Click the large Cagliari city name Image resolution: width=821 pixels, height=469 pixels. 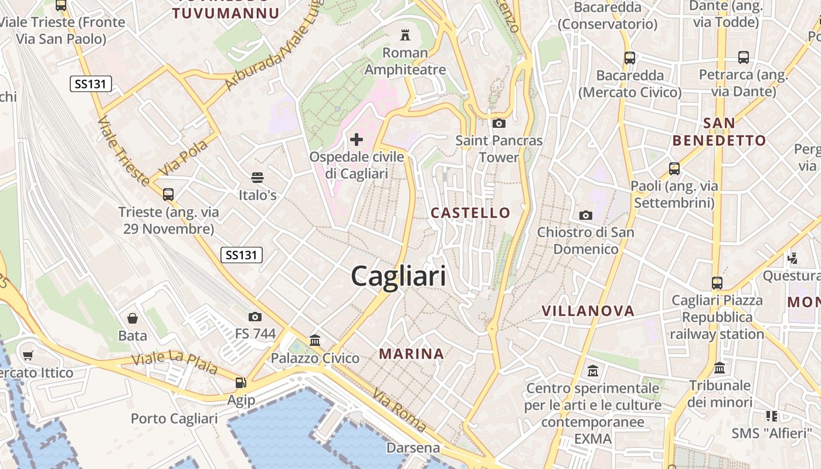[399, 276]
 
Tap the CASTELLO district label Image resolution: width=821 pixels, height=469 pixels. [470, 212]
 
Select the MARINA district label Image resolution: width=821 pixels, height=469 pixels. [411, 354]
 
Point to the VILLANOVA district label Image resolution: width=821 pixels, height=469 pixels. [588, 311]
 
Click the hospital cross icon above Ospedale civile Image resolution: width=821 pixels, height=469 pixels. [356, 140]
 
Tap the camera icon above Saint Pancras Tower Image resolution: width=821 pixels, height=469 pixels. [499, 123]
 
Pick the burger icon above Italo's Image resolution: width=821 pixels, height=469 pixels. [257, 177]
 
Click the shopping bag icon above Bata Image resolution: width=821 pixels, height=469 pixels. [133, 318]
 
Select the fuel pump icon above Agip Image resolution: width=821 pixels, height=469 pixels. [240, 383]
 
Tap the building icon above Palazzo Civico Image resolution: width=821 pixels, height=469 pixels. [315, 340]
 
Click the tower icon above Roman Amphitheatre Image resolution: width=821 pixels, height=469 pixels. [405, 35]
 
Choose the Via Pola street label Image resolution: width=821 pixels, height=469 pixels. [184, 157]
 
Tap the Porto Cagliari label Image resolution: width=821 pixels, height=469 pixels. [174, 419]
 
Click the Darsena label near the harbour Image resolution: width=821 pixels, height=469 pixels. [413, 448]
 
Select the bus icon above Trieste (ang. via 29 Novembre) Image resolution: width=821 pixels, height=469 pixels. [168, 194]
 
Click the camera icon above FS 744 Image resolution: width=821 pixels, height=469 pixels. [255, 317]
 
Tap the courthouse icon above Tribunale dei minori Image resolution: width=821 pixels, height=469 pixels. [720, 368]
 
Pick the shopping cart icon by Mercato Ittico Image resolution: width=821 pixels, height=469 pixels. [28, 355]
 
